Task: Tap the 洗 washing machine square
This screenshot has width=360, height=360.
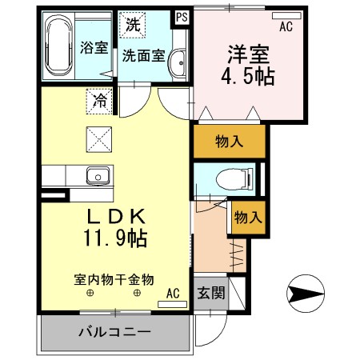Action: point(132,25)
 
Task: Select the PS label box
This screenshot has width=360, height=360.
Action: point(182,14)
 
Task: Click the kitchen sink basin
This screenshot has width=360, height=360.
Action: point(98,174)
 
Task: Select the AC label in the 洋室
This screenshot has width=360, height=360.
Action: point(286,27)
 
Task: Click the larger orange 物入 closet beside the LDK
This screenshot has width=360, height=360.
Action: point(229,142)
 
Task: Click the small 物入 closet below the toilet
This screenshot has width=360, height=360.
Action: point(247,217)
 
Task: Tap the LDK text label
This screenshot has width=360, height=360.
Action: point(115,215)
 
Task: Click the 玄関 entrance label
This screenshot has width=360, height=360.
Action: point(210,293)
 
